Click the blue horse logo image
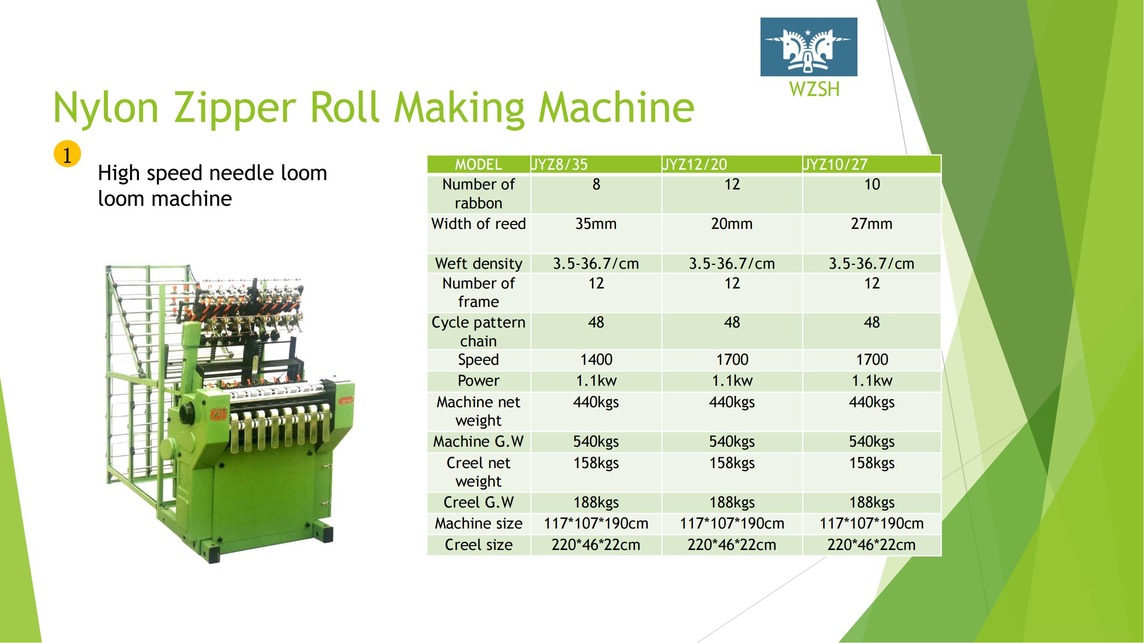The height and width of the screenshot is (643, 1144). [x=809, y=47]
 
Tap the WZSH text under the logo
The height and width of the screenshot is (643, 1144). [x=815, y=89]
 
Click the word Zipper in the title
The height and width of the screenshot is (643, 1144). [x=235, y=109]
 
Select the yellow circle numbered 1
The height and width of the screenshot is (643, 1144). [x=67, y=154]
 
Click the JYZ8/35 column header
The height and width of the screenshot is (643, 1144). [x=559, y=165]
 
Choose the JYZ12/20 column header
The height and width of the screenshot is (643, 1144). [x=694, y=165]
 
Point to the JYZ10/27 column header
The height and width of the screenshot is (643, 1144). [x=835, y=165]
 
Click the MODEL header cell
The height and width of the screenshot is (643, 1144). [x=478, y=165]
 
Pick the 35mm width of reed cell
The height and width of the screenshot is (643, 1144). [x=596, y=224]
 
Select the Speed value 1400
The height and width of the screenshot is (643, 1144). [x=596, y=360]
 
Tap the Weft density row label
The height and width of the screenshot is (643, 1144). [x=479, y=264]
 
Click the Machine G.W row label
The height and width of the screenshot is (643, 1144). [x=478, y=442]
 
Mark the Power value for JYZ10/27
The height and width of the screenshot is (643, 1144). [x=872, y=381]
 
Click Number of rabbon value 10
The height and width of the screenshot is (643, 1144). [x=872, y=184]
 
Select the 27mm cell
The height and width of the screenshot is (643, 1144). [x=872, y=224]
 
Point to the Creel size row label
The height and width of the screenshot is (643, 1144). [x=479, y=545]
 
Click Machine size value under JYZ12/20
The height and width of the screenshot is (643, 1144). [x=732, y=524]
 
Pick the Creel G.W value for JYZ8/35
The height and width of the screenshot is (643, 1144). [x=596, y=502]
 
